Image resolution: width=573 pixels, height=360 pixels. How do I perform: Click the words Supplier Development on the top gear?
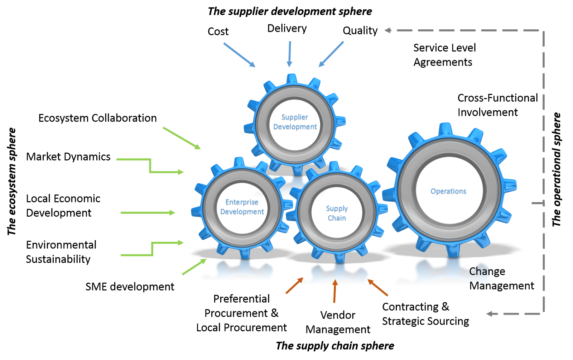[x=295, y=122]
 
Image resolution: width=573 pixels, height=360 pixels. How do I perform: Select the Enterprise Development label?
[x=242, y=207]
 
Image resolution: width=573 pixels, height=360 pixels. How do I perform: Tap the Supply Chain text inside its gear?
[x=337, y=213]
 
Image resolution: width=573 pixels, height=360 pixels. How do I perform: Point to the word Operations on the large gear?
[x=448, y=191]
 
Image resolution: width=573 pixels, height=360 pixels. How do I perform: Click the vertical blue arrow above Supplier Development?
[x=289, y=54]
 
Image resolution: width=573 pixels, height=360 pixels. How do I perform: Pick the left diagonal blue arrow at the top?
[x=239, y=55]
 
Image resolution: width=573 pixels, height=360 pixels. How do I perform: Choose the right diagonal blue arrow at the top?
[x=331, y=54]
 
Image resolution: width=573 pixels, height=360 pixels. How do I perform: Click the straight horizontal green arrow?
[x=148, y=213]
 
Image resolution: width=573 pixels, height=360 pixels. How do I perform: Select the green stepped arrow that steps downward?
[x=150, y=167]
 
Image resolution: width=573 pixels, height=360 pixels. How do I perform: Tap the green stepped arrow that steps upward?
[x=153, y=249]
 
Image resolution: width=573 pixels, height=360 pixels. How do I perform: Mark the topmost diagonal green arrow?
[x=182, y=138]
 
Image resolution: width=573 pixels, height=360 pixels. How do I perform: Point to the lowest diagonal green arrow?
[x=194, y=267]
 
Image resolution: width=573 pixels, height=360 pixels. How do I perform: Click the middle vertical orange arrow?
[x=334, y=291]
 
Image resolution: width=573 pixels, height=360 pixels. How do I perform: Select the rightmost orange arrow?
[x=378, y=288]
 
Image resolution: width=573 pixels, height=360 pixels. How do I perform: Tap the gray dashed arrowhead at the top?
[x=387, y=30]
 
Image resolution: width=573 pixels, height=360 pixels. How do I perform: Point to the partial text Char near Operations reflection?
[x=480, y=272]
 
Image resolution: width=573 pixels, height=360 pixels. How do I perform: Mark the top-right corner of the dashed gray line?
[x=544, y=31]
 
